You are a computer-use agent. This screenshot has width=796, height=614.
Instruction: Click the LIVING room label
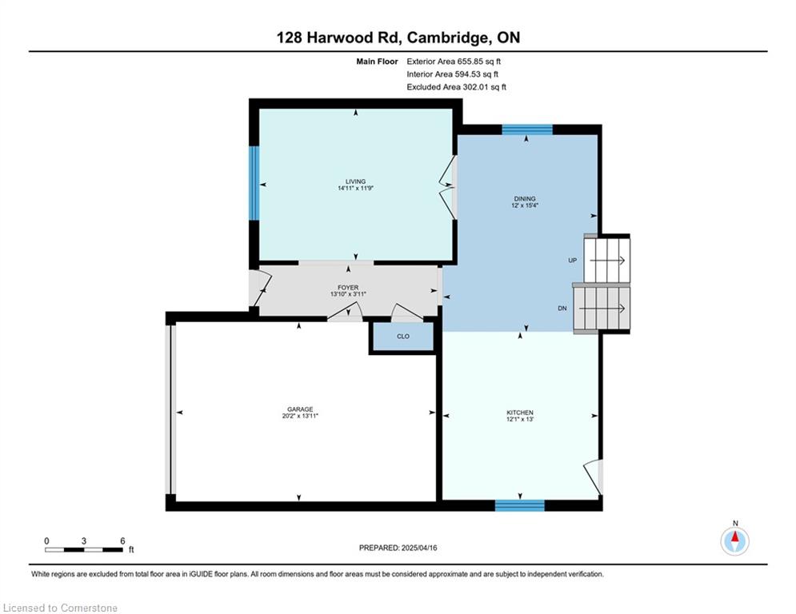pos(355,181)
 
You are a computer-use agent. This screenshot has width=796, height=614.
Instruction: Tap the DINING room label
pos(525,199)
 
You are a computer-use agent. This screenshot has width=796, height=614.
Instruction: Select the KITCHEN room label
pos(520,413)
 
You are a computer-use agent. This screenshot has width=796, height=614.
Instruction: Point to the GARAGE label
pos(300,409)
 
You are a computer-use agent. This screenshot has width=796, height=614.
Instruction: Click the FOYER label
pos(348,287)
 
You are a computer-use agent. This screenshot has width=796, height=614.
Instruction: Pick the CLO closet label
pos(403,337)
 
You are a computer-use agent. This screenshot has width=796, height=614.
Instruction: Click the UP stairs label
pos(573,261)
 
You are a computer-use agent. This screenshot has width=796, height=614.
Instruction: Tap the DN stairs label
pos(562,308)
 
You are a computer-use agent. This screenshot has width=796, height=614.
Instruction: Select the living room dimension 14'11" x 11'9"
pos(355,188)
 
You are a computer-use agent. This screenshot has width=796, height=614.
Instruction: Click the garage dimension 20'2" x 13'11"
pos(300,416)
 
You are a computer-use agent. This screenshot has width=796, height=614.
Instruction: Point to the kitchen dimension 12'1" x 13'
pos(520,419)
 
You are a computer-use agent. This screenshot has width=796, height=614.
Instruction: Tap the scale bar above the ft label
pos(84,549)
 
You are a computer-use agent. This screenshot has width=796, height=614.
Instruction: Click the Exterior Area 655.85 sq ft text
pos(454,62)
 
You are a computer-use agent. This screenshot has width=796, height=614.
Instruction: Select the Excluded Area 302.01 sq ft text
pos(456,87)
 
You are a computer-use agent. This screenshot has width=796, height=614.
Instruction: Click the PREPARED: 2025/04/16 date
pos(398,548)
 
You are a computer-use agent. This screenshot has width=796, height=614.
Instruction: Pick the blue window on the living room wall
pos(254,183)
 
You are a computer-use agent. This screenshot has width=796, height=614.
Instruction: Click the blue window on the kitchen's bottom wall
pos(520,505)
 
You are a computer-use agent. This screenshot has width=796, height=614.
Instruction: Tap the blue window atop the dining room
pos(527,130)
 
